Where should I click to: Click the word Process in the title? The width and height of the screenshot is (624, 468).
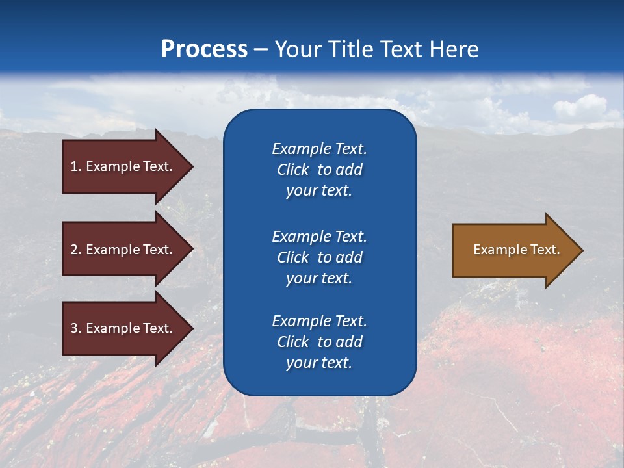pos(204,49)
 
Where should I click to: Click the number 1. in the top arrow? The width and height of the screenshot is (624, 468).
pos(76,166)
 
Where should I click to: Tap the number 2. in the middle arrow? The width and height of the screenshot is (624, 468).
pos(76,250)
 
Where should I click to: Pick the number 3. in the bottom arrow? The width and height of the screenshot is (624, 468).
pos(76,328)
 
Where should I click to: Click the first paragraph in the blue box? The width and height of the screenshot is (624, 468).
pos(319,170)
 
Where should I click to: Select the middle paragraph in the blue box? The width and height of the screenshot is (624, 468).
pos(319,257)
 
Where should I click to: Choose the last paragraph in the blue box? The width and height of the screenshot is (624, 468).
pos(319,342)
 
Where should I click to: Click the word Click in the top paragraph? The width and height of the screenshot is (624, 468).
pos(293,170)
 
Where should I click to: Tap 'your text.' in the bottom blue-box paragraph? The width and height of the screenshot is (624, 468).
pos(319,363)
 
